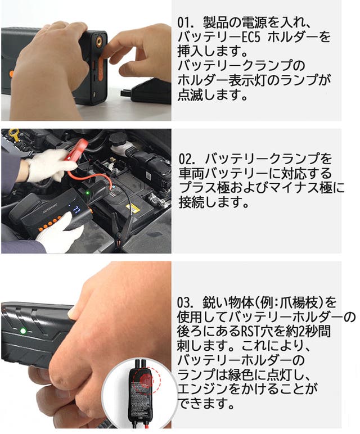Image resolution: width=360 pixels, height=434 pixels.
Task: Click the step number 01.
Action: (185, 22)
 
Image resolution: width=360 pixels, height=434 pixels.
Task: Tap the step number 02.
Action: (186, 159)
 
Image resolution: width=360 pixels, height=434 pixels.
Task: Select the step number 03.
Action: (185, 303)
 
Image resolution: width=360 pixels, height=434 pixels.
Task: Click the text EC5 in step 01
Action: (251, 37)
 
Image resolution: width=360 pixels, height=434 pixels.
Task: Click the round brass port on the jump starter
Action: (98, 42)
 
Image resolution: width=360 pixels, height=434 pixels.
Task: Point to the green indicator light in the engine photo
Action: (88, 193)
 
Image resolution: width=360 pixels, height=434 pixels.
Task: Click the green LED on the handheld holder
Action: (23, 331)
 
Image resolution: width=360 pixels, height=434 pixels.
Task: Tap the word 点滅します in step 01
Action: (212, 95)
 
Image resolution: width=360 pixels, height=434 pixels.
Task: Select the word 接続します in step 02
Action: (214, 202)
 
